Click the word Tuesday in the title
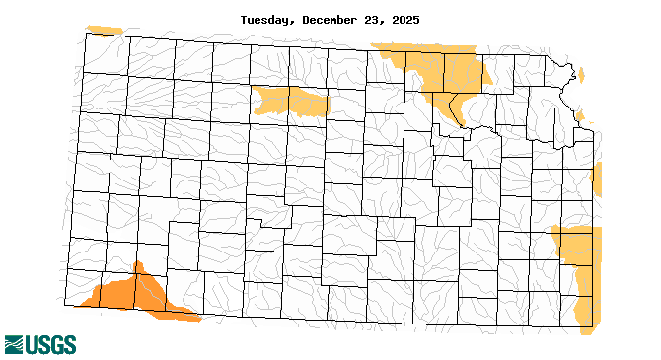coord(265,19)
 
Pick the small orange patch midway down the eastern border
coord(597,180)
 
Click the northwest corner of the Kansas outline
coord(85,34)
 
